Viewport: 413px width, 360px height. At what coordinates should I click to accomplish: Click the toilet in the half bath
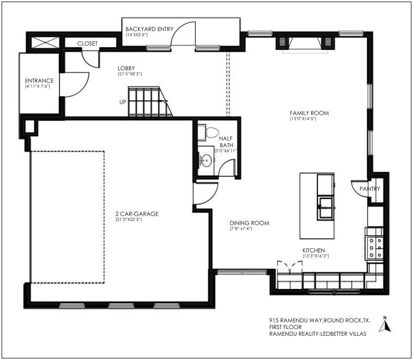[210, 132]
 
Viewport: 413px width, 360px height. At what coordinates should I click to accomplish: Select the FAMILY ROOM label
[309, 113]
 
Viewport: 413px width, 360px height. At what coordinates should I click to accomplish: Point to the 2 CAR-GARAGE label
[137, 214]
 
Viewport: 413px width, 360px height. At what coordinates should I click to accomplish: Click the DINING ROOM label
[249, 223]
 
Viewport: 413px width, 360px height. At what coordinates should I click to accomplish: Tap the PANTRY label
[370, 188]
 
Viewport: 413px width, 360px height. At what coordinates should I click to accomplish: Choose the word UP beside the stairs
[123, 102]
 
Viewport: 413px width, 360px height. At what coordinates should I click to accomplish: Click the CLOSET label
[88, 44]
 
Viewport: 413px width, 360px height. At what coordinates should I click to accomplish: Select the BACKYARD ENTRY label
[150, 29]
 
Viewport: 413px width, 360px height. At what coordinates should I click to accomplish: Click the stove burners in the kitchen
[375, 248]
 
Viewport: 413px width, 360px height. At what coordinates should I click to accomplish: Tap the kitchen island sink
[325, 207]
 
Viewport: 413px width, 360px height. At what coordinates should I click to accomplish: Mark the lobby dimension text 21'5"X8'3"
[130, 74]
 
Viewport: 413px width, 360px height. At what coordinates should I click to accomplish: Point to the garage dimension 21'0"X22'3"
[129, 220]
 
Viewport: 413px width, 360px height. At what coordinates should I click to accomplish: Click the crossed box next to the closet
[45, 43]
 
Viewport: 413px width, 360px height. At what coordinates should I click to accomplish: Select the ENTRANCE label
[39, 81]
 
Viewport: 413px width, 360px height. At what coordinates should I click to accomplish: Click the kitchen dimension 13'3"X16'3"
[315, 256]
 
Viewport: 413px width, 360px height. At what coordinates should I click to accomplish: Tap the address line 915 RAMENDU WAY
[296, 321]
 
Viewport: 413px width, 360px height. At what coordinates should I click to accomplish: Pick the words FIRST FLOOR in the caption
[285, 327]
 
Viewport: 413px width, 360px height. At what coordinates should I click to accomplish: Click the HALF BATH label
[226, 142]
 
